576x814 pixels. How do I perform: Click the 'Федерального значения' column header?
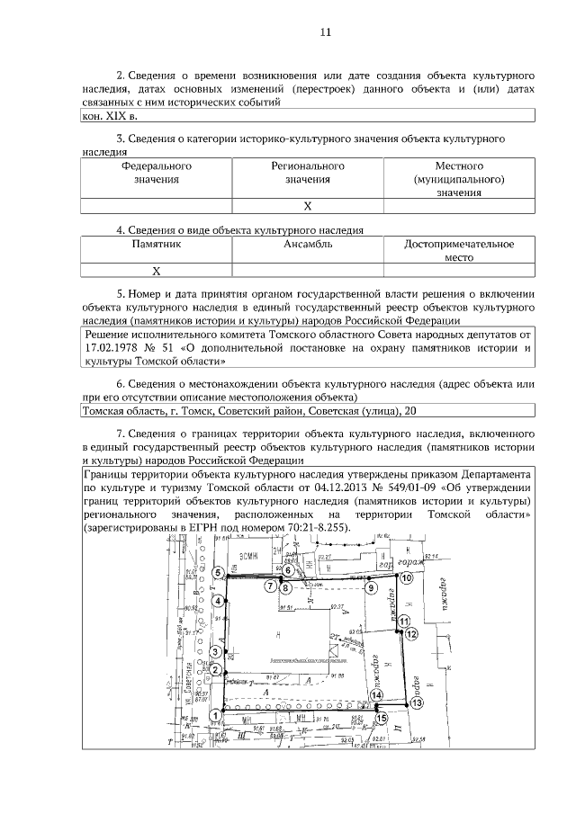157,173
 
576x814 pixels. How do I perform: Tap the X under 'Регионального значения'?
308,206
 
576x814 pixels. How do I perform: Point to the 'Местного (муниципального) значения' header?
459,179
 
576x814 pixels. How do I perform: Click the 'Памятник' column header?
157,244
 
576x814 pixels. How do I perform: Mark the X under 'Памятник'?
156,270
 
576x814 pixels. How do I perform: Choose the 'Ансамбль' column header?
308,244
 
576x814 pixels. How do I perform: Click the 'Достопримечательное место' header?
459,250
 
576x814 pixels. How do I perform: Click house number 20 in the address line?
410,411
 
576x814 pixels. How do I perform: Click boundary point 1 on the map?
215,715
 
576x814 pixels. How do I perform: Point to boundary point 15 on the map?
382,719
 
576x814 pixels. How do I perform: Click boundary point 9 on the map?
370,587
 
